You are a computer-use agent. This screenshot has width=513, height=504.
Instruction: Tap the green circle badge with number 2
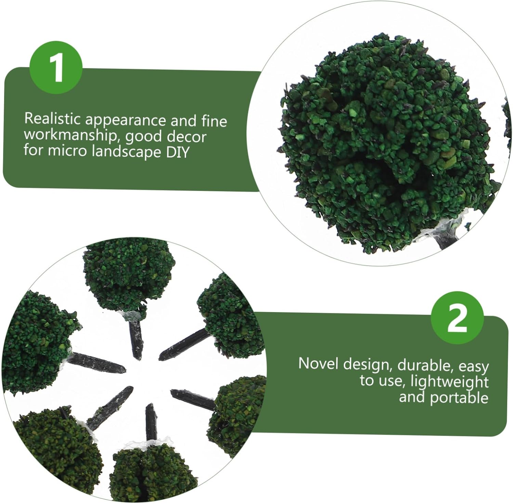coord(458,318)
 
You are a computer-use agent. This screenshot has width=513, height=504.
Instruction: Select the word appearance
coord(126,120)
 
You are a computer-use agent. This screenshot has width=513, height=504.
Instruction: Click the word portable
coord(459,398)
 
